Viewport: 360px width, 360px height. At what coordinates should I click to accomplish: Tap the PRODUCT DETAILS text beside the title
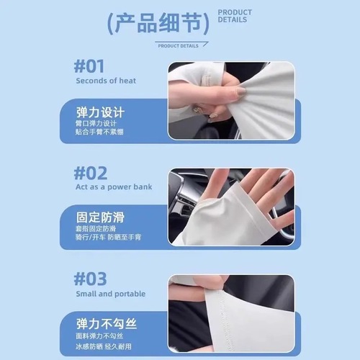(235, 16)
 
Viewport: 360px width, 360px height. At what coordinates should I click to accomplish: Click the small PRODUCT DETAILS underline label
(178, 45)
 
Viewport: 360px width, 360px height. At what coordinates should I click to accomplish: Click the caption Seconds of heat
(105, 81)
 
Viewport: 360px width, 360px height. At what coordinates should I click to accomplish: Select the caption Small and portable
(110, 294)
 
